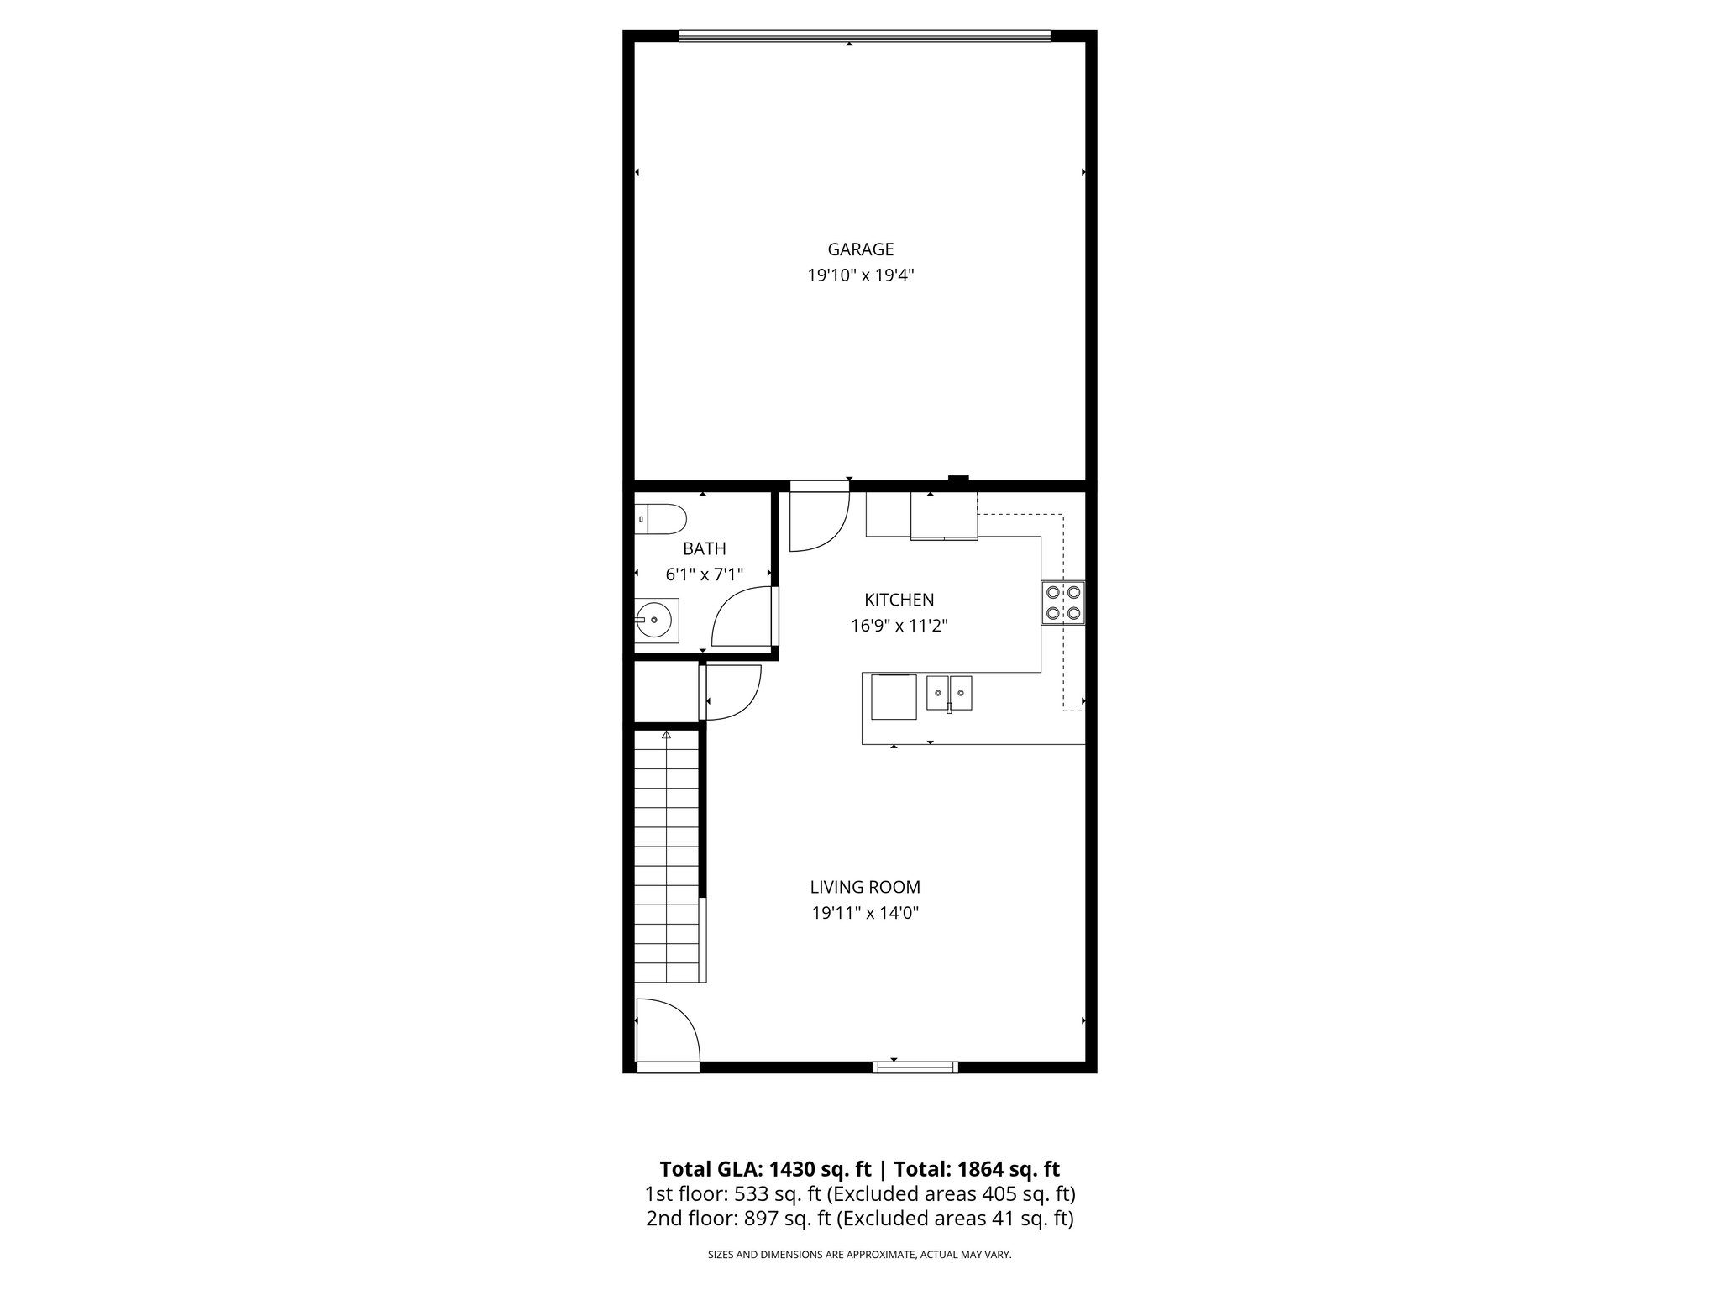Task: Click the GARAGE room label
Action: tap(860, 249)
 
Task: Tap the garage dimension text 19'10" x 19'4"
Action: tap(860, 275)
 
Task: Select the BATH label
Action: tap(704, 549)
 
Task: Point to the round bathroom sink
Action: tap(655, 621)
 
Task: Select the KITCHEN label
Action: tap(899, 600)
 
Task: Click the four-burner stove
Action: tap(1062, 603)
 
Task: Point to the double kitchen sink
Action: tap(949, 694)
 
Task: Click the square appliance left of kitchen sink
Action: tap(894, 697)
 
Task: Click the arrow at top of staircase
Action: tap(666, 735)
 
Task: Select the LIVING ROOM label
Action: tap(865, 887)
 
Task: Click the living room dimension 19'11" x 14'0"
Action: tap(865, 913)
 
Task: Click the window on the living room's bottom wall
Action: tap(915, 1067)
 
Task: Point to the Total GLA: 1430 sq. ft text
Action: tap(765, 1169)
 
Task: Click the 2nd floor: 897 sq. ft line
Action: tap(859, 1219)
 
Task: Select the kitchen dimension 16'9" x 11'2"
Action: tap(899, 626)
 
